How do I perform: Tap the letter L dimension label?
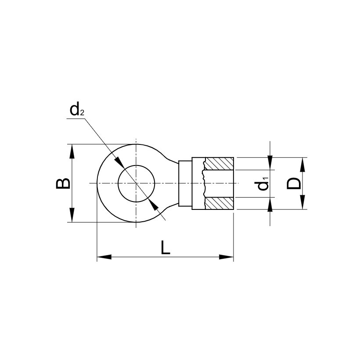pyautogui.click(x=165, y=248)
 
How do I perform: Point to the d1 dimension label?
pyautogui.click(x=263, y=184)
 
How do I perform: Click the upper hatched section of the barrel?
pyautogui.click(x=220, y=164)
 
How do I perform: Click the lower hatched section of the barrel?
pyautogui.click(x=220, y=203)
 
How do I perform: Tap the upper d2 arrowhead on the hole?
pyautogui.click(x=119, y=162)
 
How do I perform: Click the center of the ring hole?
pyautogui.click(x=136, y=183)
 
